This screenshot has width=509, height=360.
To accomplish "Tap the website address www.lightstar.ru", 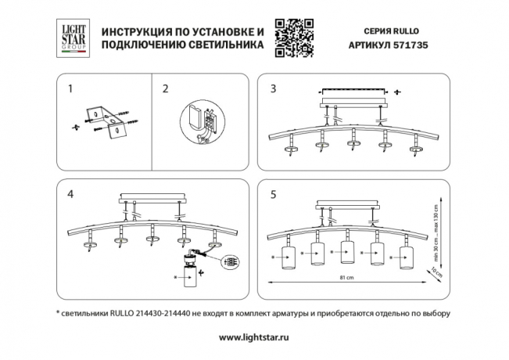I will [254, 337].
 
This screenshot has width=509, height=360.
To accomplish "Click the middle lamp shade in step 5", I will [347, 255].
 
